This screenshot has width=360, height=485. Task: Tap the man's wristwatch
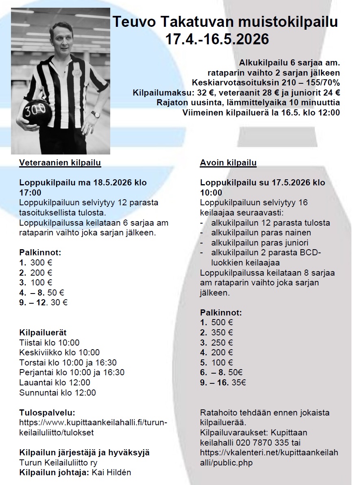pyautogui.click(x=95, y=115)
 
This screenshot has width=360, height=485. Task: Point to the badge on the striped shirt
pyautogui.click(x=75, y=70)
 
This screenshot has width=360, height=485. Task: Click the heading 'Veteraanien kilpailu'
pyautogui.click(x=60, y=163)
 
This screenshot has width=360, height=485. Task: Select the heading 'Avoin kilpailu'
pyautogui.click(x=228, y=163)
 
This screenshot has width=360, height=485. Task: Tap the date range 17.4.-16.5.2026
pyautogui.click(x=217, y=39)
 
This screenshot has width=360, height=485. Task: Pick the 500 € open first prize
pyautogui.click(x=222, y=323)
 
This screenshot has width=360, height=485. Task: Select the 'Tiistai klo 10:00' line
pyautogui.click(x=50, y=343)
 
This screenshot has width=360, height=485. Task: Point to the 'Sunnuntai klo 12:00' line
pyautogui.click(x=58, y=393)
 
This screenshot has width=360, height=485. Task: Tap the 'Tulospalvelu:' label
pyautogui.click(x=47, y=413)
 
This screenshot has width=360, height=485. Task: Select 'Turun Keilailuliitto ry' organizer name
pyautogui.click(x=59, y=463)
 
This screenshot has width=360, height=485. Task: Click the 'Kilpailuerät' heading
pyautogui.click(x=43, y=333)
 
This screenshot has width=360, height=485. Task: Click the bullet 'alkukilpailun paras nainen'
pyautogui.click(x=261, y=233)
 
